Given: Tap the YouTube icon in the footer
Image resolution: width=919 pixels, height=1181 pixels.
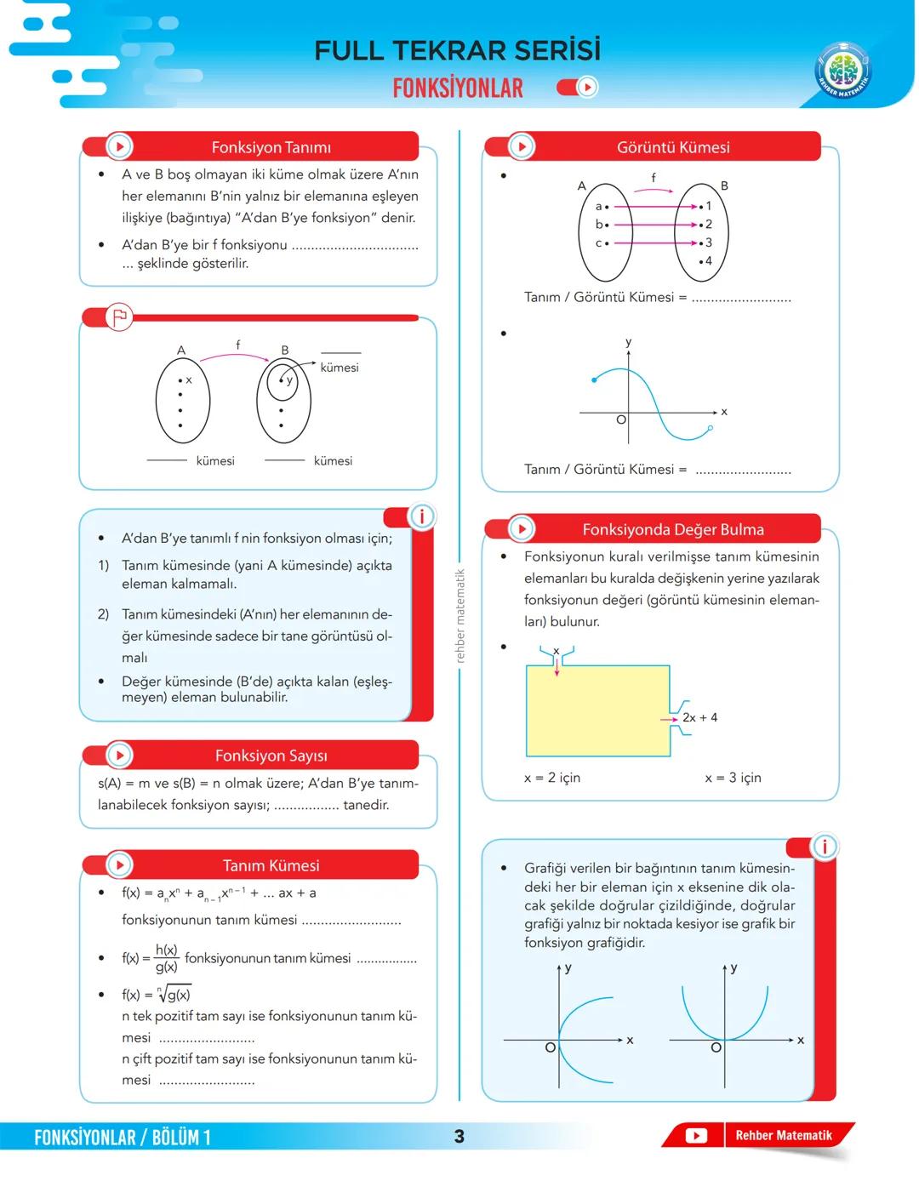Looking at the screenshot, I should [x=696, y=1136].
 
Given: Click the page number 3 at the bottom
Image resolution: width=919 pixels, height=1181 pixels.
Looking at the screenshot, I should [x=459, y=1137].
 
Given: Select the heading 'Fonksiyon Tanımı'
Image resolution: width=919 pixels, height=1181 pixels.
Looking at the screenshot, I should [x=271, y=147].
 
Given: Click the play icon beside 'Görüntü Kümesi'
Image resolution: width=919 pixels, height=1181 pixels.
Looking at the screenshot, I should [x=521, y=146].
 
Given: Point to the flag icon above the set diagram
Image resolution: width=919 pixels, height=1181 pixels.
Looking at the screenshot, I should [x=119, y=317].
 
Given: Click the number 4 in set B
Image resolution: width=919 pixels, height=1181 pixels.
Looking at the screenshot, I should [x=708, y=261].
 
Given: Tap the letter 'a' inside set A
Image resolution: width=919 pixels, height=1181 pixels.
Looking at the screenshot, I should [x=598, y=207].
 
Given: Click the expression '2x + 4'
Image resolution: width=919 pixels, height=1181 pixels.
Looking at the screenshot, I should [x=699, y=717].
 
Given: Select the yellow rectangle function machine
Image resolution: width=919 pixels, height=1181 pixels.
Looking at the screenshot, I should [x=597, y=711].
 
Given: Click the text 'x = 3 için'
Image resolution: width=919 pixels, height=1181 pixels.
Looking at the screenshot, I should [x=733, y=778].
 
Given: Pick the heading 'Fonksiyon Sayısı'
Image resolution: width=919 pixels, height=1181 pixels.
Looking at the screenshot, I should [x=271, y=756].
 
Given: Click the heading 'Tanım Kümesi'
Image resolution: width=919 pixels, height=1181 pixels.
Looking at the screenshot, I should [x=271, y=865].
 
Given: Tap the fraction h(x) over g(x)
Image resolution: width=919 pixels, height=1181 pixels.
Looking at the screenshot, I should [x=166, y=958].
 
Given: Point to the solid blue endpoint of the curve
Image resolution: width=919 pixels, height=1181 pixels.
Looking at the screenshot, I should [x=594, y=380].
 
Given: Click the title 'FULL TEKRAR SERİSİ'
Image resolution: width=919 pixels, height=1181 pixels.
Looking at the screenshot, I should [x=457, y=51].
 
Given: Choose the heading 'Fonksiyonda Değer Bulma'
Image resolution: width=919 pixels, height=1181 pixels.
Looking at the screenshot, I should [x=672, y=529].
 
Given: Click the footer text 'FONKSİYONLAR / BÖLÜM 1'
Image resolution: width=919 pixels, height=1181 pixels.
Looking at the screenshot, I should [x=123, y=1138].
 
